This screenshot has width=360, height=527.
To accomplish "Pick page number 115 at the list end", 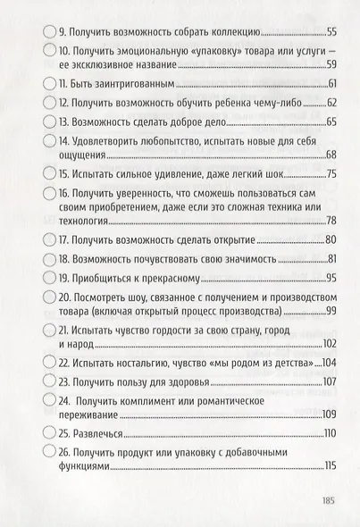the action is click(x=330, y=468).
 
